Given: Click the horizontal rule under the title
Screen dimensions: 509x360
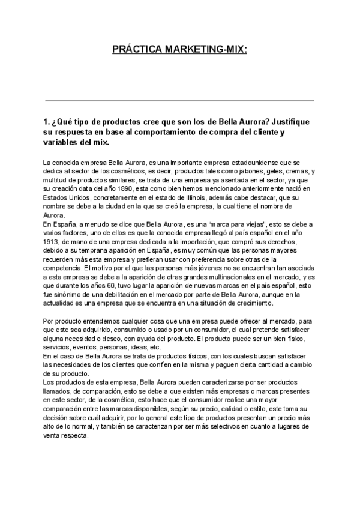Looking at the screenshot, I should click(179, 100).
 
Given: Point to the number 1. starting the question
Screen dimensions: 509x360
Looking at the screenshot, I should click(48, 121).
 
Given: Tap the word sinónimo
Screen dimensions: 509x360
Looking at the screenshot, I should click(69, 297).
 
